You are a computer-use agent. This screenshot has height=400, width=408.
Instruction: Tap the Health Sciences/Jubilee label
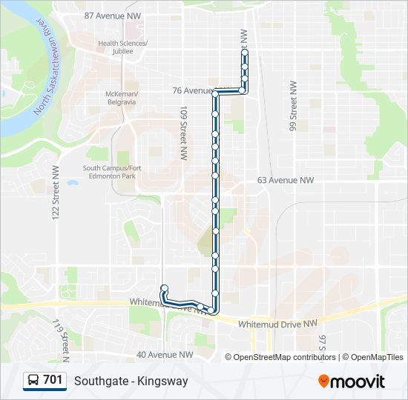click(122, 47)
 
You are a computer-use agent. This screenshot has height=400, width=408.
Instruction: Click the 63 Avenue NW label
click(286, 180)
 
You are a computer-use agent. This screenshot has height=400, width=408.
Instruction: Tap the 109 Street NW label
click(182, 133)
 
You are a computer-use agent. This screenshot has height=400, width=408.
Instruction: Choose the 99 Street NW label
click(294, 107)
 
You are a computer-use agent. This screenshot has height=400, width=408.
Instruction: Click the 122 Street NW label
click(56, 190)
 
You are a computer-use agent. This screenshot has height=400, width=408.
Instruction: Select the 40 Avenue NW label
click(165, 355)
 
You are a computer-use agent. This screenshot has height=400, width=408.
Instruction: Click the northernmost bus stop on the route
click(245, 53)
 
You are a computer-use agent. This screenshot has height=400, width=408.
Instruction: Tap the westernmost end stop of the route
click(164, 288)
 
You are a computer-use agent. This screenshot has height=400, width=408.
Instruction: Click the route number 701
click(53, 381)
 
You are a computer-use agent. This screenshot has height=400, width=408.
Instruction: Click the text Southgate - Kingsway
click(131, 381)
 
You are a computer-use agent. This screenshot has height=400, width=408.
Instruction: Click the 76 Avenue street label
click(191, 90)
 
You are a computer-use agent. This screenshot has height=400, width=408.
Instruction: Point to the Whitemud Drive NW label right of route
click(277, 324)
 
